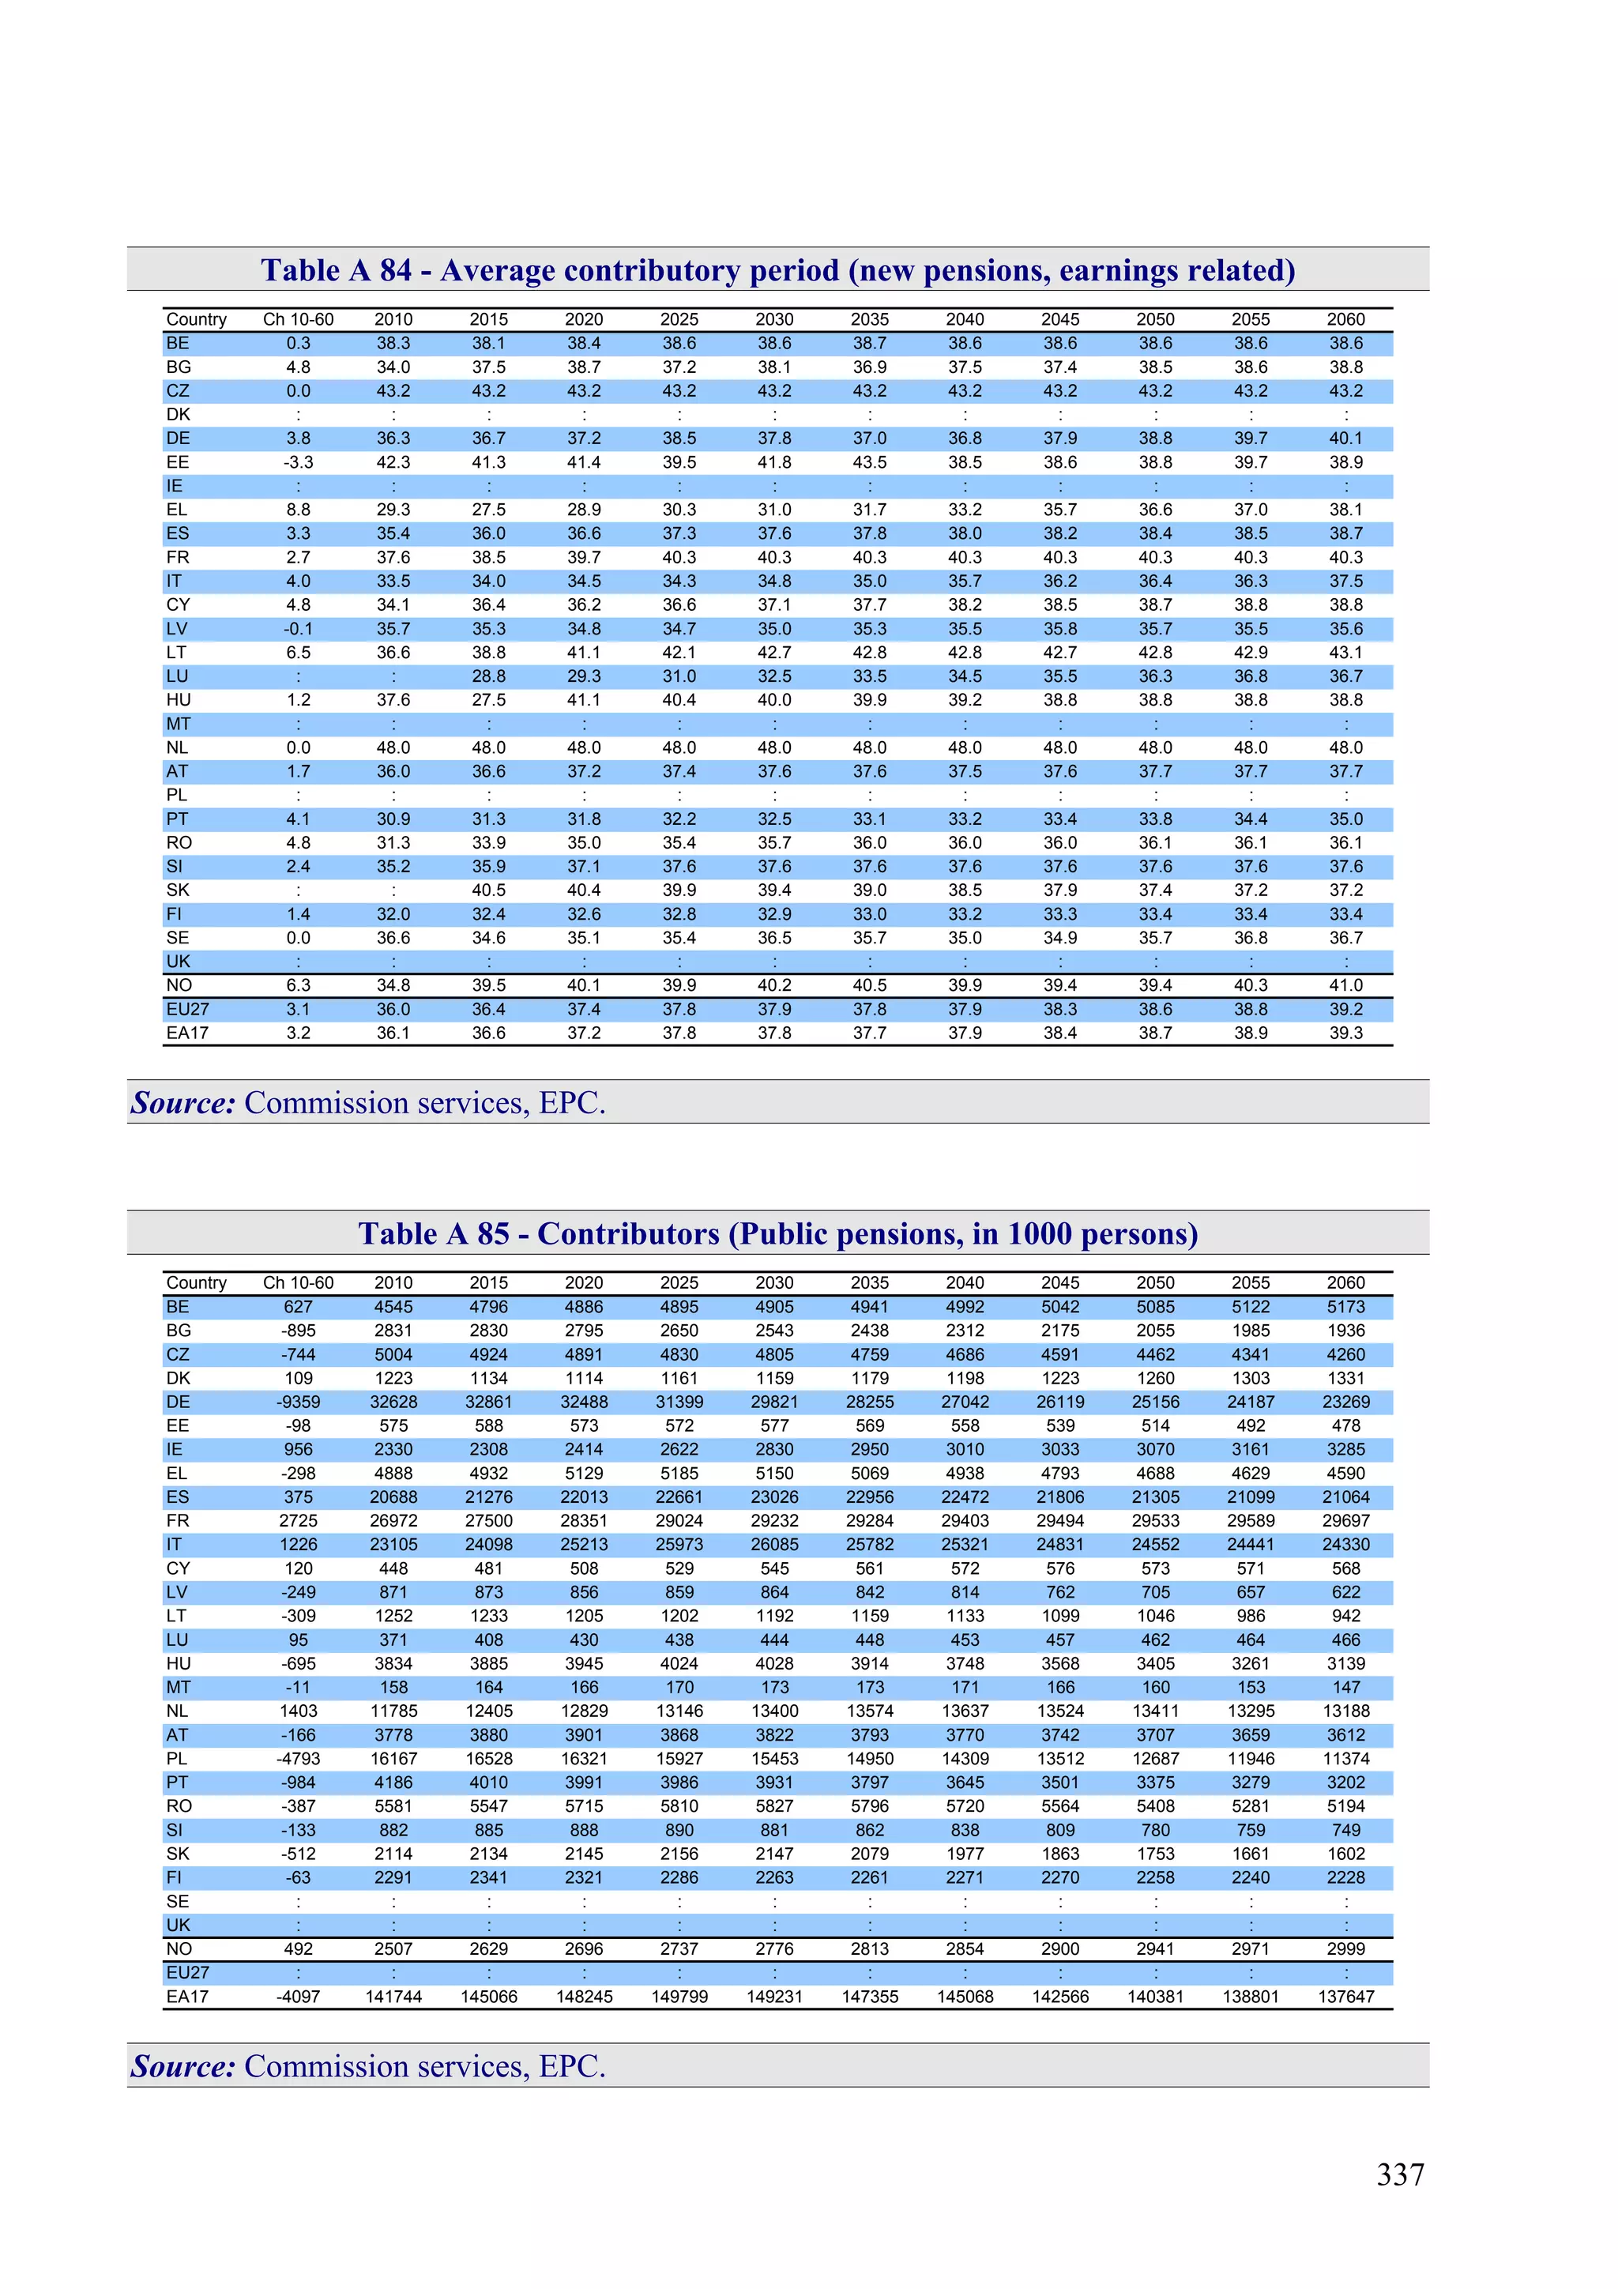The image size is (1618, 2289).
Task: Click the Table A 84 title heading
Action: tap(777, 270)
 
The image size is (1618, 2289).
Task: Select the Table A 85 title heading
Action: tap(777, 1233)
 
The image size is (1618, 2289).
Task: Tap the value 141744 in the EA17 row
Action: tap(393, 1996)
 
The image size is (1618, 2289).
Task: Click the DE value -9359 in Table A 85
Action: tap(298, 1402)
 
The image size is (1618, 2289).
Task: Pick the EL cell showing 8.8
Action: tap(298, 510)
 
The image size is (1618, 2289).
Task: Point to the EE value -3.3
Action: tap(298, 461)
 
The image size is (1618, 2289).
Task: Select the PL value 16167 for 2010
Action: tap(393, 1759)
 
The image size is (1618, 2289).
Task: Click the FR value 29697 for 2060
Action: tap(1346, 1520)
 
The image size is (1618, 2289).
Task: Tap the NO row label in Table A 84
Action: tap(179, 985)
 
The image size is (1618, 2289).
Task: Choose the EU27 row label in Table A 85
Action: tap(187, 1972)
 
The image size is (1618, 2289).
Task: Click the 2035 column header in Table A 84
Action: tap(869, 319)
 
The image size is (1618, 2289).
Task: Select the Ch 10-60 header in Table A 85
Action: tap(298, 1282)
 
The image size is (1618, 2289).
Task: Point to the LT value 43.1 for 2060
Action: tap(1346, 652)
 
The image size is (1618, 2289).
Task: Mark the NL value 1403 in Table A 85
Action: tap(298, 1711)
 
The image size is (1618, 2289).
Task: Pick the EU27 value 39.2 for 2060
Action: tap(1346, 1009)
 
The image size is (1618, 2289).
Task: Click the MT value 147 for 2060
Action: tap(1346, 1687)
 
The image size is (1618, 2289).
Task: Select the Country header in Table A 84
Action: tap(197, 319)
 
